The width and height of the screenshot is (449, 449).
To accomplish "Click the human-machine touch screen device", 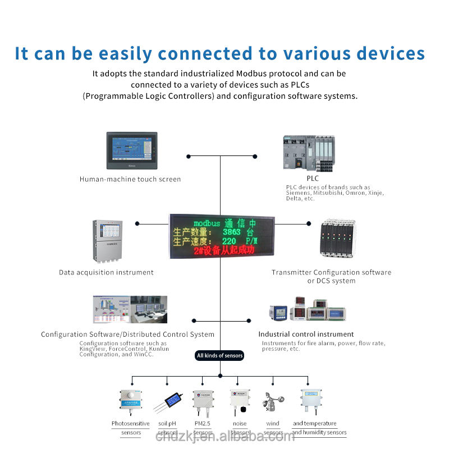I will pos(132,150).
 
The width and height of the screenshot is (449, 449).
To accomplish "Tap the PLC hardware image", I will pos(309,153).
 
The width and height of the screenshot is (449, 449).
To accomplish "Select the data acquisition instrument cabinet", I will pos(107,240).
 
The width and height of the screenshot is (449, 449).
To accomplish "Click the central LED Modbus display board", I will pos(221,236).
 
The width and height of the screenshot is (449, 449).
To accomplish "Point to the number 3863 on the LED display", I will pos(231,232).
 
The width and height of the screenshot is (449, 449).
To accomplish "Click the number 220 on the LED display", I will pos(229,241).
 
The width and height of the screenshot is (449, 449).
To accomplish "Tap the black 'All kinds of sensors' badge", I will pos(220,355).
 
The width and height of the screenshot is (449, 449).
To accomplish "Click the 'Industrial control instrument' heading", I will pos(306,335).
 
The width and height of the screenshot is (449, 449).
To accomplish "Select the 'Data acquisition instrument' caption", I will pos(106,273).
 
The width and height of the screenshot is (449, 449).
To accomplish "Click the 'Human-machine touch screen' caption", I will pos(130,180).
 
